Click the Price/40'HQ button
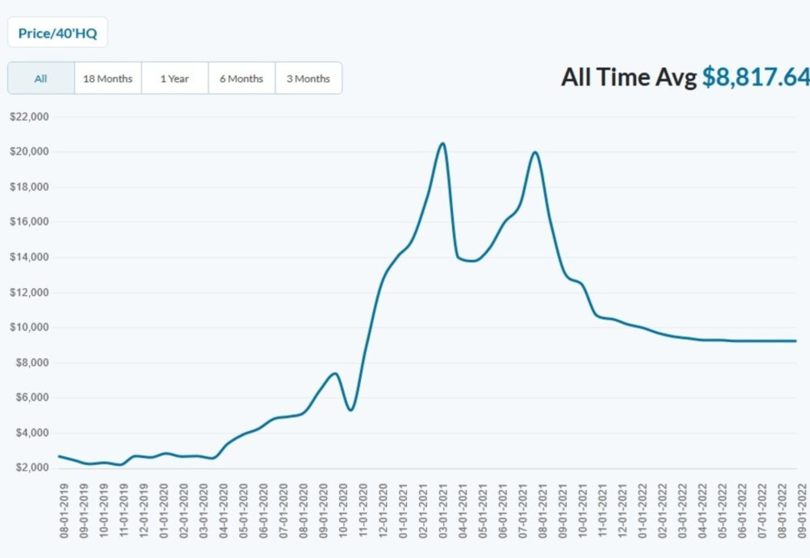(x=58, y=33)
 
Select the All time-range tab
(x=41, y=78)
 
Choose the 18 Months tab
(x=108, y=78)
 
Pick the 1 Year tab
(x=175, y=78)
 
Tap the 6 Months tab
(x=242, y=78)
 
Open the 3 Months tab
(x=309, y=78)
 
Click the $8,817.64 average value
(x=756, y=77)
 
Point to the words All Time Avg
(x=629, y=77)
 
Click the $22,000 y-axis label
(x=29, y=117)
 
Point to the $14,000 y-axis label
(x=29, y=257)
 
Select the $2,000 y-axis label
(x=32, y=467)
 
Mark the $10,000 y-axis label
(x=29, y=327)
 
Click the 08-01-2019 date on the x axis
(x=64, y=511)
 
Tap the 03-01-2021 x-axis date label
(x=443, y=511)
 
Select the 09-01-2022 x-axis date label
(x=802, y=511)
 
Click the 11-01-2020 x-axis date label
(x=363, y=511)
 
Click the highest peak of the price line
(x=442, y=143)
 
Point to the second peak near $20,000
(x=535, y=152)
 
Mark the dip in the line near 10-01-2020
(x=351, y=410)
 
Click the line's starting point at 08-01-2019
(x=59, y=456)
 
